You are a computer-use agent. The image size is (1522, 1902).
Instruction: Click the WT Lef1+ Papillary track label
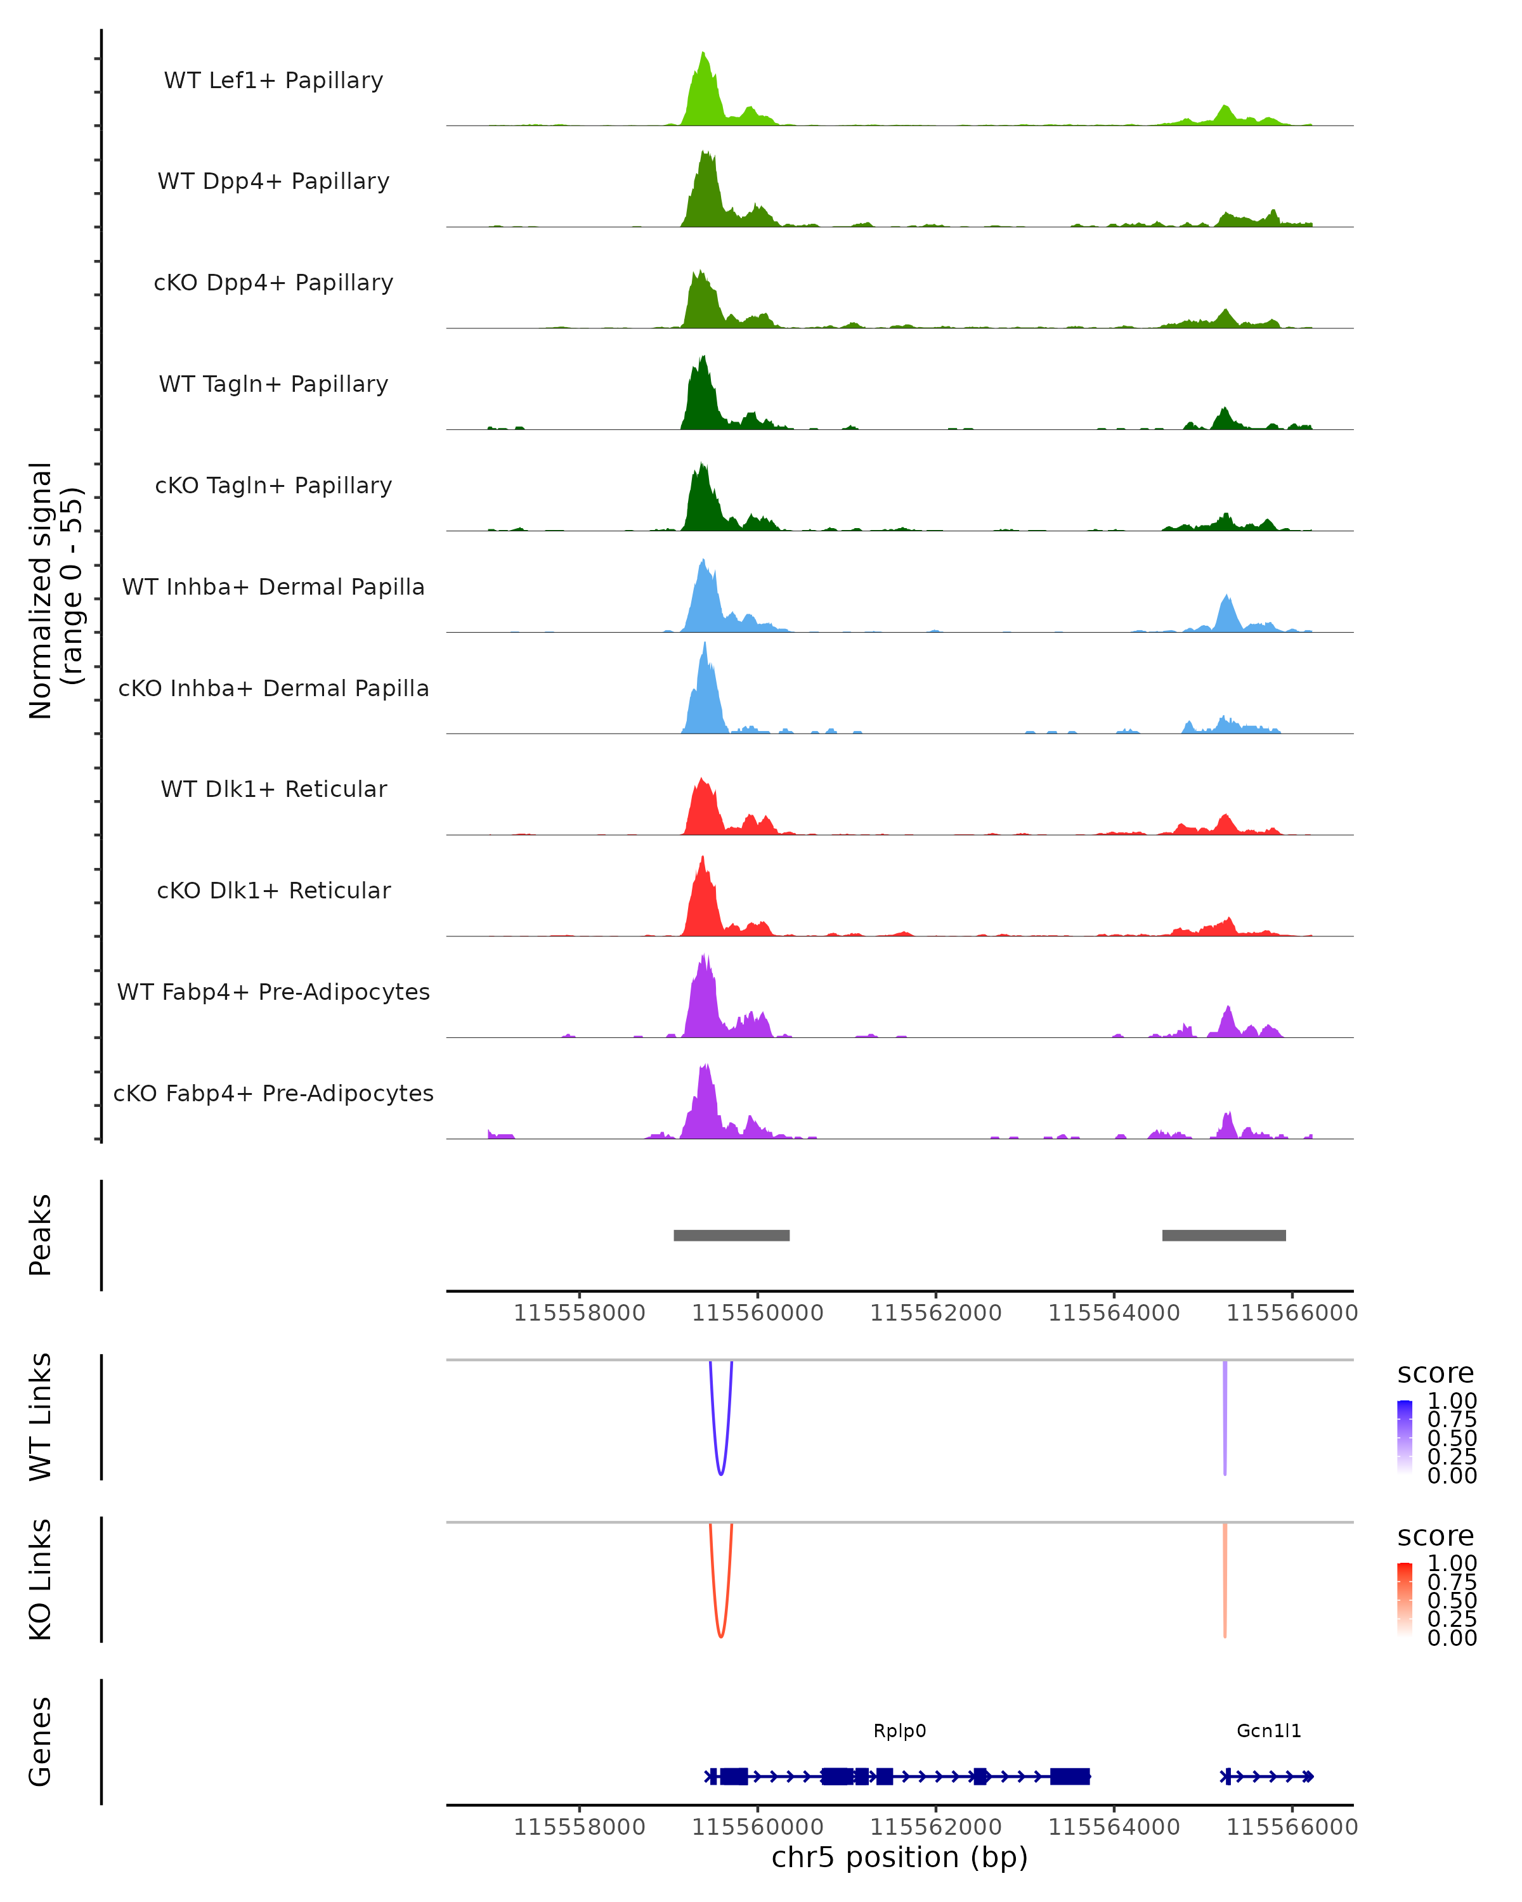point(273,81)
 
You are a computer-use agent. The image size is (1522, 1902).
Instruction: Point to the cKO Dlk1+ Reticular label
point(273,890)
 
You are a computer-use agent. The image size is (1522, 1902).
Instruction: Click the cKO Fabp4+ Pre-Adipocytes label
point(273,1093)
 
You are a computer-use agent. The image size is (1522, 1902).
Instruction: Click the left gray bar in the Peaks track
point(731,1235)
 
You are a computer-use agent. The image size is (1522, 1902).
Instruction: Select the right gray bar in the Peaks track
point(1224,1235)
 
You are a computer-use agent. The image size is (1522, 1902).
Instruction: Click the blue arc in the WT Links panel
point(721,1472)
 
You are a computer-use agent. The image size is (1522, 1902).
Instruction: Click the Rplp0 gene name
point(899,1731)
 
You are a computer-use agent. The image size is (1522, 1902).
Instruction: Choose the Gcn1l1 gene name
point(1269,1731)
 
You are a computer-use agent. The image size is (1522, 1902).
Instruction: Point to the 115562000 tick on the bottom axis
point(936,1827)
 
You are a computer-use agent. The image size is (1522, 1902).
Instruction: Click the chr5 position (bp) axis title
point(899,1858)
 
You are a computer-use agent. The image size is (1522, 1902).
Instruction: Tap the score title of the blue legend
point(1436,1374)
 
